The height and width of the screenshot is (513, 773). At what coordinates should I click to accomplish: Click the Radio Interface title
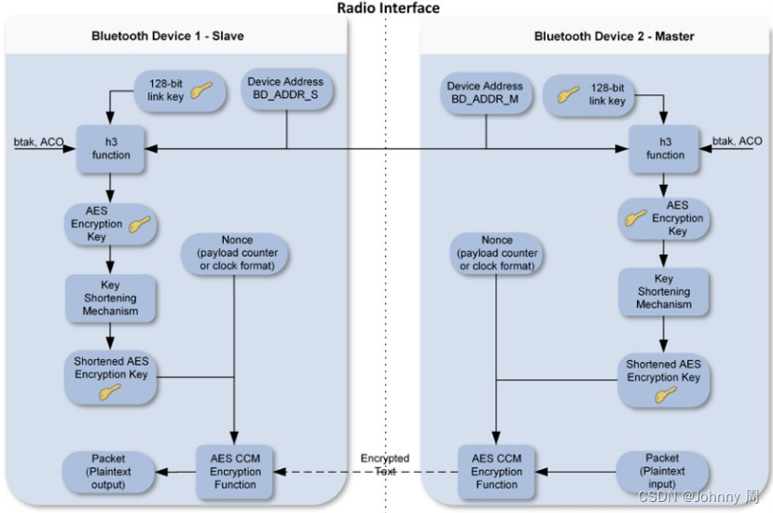coord(388,8)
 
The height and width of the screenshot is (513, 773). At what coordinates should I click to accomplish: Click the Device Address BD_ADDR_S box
coord(285,89)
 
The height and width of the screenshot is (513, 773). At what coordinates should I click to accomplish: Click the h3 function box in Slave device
coord(111,148)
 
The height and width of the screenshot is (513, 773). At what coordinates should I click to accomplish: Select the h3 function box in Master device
coord(665,148)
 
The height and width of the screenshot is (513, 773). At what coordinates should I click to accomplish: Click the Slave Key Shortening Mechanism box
coord(111,298)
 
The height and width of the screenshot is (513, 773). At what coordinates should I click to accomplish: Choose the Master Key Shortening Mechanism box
coord(663,291)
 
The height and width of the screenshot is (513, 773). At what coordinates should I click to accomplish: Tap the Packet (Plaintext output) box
coord(108,472)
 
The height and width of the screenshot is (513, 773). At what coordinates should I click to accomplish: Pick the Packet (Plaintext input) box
coord(662,472)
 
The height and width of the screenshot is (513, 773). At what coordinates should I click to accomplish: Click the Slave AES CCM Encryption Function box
coord(234,472)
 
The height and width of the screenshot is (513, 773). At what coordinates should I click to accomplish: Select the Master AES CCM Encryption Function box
coord(496,472)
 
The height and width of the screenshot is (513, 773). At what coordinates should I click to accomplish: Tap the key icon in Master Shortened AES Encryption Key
coord(664,395)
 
